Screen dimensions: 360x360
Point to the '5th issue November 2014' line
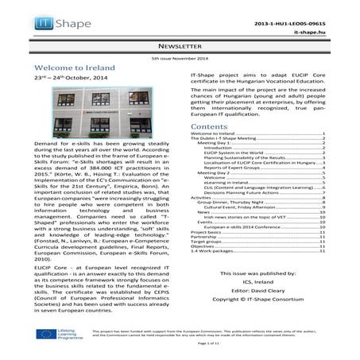click(x=180, y=59)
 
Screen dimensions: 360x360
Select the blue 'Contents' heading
click(x=211, y=127)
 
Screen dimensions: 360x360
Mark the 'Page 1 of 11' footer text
click(x=180, y=351)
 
